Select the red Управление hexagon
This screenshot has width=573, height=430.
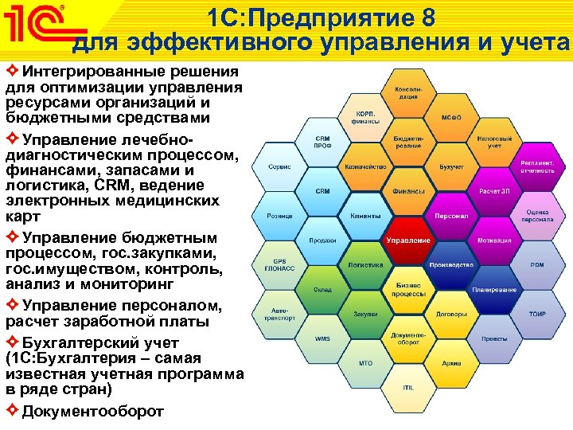tap(408, 240)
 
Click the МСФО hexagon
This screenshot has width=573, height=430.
tap(451, 117)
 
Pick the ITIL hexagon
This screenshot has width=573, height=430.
tap(408, 387)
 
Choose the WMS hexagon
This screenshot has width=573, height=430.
tap(322, 338)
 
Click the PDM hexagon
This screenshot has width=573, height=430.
tap(537, 264)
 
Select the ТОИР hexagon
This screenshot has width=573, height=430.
tap(537, 314)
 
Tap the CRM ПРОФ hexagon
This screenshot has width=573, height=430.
tap(322, 142)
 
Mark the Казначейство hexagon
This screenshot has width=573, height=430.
tap(365, 167)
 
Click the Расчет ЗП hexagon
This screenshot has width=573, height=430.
tap(494, 191)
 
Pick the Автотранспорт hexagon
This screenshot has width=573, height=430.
tap(279, 314)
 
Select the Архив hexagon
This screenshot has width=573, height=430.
tap(451, 363)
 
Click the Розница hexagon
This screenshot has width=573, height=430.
tap(279, 216)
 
